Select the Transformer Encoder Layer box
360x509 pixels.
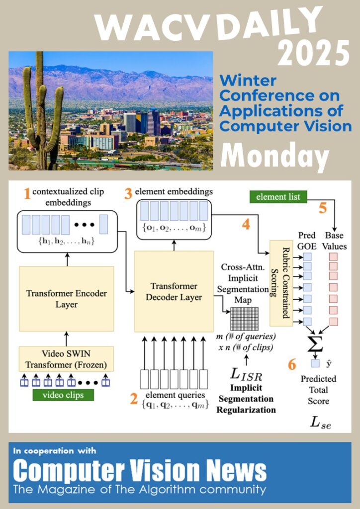pyautogui.click(x=66, y=298)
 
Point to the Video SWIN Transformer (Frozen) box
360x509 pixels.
pyautogui.click(x=66, y=359)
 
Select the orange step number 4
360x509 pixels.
pyautogui.click(x=245, y=225)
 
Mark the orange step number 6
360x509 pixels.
pyautogui.click(x=292, y=364)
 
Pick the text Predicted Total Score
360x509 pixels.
pyautogui.click(x=318, y=390)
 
